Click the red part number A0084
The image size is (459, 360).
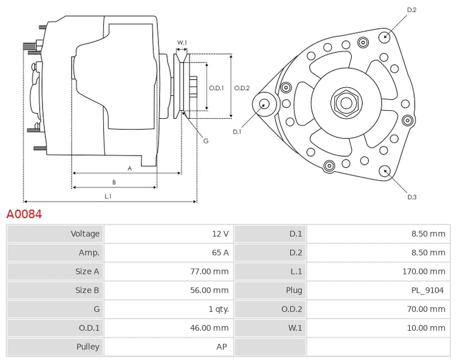coord(24,215)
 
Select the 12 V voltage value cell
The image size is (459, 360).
coord(220,234)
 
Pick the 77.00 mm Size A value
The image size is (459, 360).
coord(212,272)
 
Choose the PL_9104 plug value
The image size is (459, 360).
coord(429,291)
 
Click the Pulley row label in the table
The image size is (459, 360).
coord(88,347)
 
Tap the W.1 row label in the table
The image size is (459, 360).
coord(295,328)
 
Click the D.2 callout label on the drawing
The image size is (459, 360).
coord(411,10)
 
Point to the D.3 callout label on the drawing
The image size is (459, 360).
coord(411,197)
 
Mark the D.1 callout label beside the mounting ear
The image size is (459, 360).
coord(237,132)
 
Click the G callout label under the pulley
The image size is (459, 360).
coord(205,141)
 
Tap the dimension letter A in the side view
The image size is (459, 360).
coord(130,168)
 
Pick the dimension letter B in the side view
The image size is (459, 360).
coord(114,183)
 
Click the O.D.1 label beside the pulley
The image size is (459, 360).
coord(216,88)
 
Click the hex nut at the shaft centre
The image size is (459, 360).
coord(346,103)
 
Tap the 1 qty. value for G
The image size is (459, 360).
coord(219,309)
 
